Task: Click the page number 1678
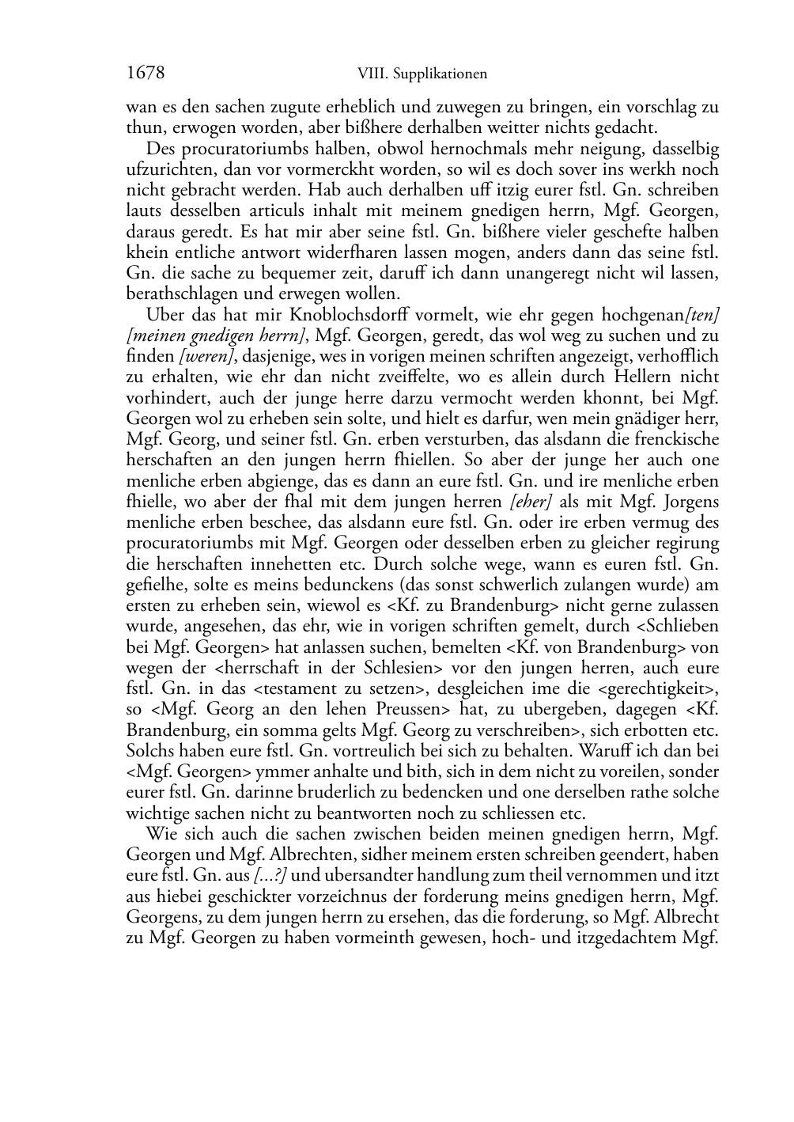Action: pos(146,74)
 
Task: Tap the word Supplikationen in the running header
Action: pos(448,74)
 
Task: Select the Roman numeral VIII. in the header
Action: pos(374,74)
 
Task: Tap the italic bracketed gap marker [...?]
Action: pos(270,876)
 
